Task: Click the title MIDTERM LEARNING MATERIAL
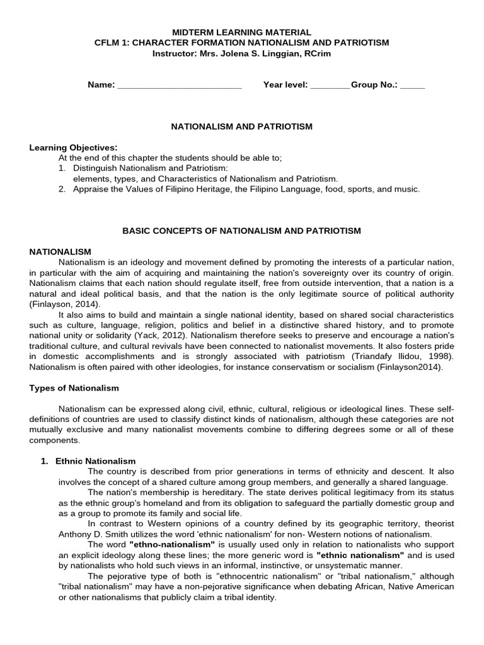click(x=242, y=32)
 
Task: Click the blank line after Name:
click(x=180, y=85)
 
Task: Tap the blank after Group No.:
click(x=412, y=85)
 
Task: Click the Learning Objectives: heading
click(x=73, y=147)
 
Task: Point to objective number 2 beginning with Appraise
click(x=246, y=189)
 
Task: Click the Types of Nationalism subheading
click(x=74, y=388)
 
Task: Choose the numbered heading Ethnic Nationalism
click(x=95, y=461)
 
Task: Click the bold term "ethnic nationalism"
click(x=360, y=555)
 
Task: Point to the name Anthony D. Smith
click(x=91, y=534)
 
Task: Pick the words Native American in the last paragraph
click(x=424, y=586)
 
